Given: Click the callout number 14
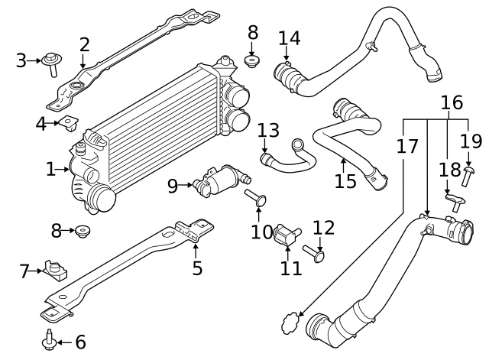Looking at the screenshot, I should (289, 37).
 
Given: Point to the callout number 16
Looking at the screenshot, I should (452, 102).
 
